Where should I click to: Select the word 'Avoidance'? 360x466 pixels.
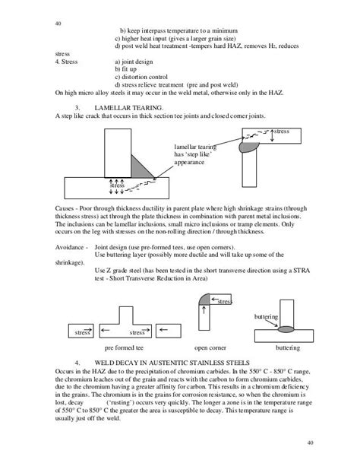[x=73, y=248]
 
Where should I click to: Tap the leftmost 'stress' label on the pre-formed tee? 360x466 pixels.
[x=79, y=332]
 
